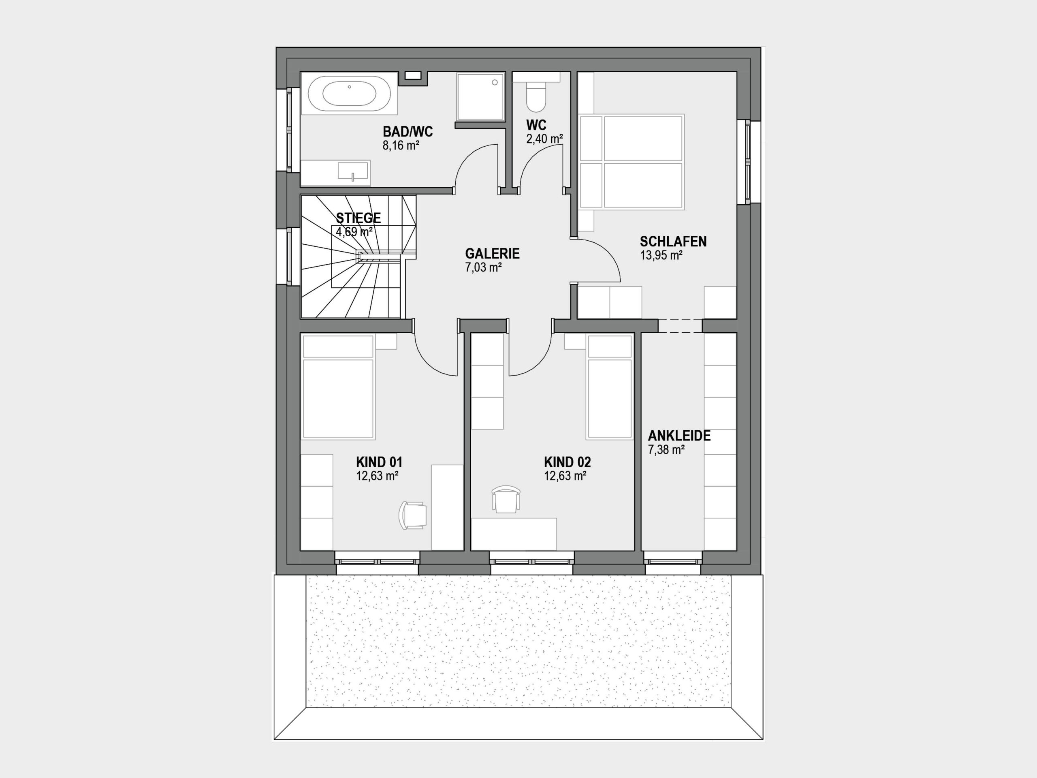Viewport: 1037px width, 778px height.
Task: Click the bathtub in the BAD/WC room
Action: pos(349,93)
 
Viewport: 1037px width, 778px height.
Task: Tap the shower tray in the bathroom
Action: pos(480,96)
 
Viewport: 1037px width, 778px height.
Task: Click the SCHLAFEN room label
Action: pos(673,242)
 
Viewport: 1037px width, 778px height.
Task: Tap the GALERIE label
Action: pos(492,254)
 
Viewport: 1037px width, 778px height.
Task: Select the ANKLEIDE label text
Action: pos(679,436)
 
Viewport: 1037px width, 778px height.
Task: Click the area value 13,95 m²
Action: pos(661,256)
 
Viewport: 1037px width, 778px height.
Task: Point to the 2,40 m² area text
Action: pos(544,139)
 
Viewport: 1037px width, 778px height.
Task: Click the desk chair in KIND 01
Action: pos(412,515)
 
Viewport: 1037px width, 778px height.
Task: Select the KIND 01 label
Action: pos(379,462)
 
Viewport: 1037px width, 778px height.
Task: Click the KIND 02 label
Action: pos(567,462)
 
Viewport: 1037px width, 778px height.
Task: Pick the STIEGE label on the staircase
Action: pos(358,218)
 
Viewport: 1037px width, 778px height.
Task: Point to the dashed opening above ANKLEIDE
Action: pos(680,326)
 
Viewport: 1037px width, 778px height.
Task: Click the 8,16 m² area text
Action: pos(401,145)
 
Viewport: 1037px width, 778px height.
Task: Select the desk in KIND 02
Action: pos(514,534)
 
